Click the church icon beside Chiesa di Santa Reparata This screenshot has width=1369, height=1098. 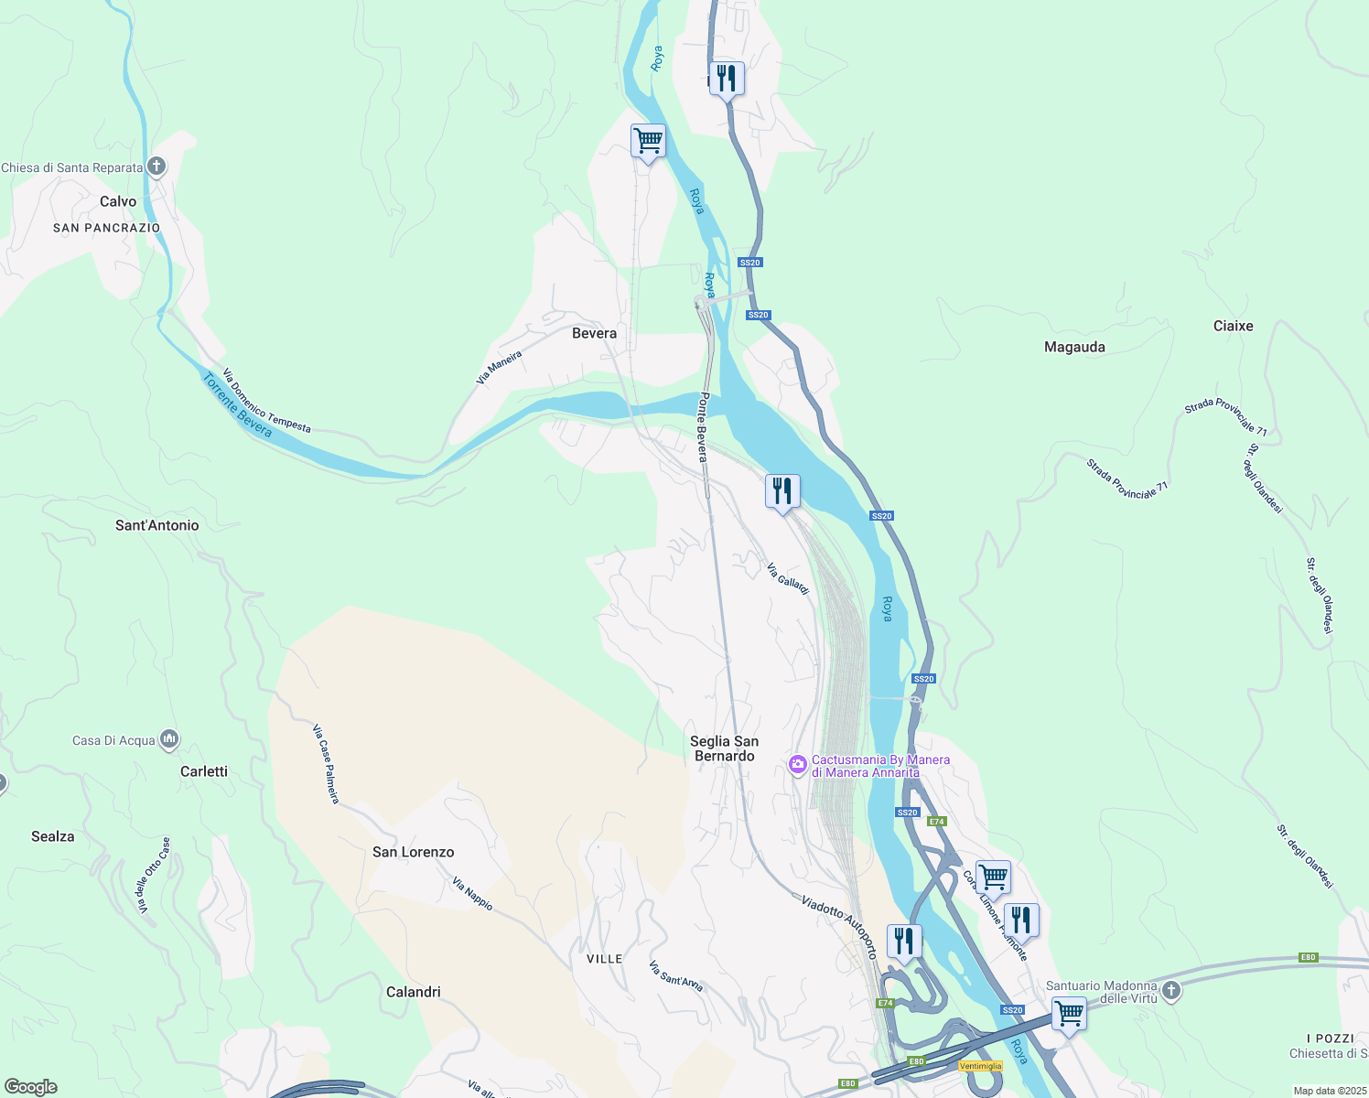[x=156, y=167]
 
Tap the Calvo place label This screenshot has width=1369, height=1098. [x=118, y=201]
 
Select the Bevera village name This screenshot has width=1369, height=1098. [x=594, y=333]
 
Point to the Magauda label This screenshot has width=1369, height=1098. [x=1074, y=347]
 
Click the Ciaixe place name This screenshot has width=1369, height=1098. [x=1233, y=326]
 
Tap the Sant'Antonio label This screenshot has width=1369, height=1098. [x=156, y=525]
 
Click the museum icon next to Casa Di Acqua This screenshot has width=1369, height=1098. [x=168, y=739]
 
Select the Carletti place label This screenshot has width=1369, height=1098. [x=204, y=771]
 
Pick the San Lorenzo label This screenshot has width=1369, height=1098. [x=413, y=852]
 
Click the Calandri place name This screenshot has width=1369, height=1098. [x=413, y=992]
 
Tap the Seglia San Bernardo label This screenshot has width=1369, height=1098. [x=724, y=748]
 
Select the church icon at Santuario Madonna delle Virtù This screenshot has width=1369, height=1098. [x=1170, y=990]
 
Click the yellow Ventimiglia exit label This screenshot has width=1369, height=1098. [x=980, y=1066]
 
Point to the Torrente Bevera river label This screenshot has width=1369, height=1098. [x=237, y=405]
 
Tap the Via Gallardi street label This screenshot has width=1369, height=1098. [x=788, y=578]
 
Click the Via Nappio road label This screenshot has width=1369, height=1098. [x=472, y=894]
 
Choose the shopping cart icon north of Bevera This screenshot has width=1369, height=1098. [x=648, y=142]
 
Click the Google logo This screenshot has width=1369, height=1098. [x=30, y=1086]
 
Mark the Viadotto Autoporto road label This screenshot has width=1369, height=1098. [x=838, y=926]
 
